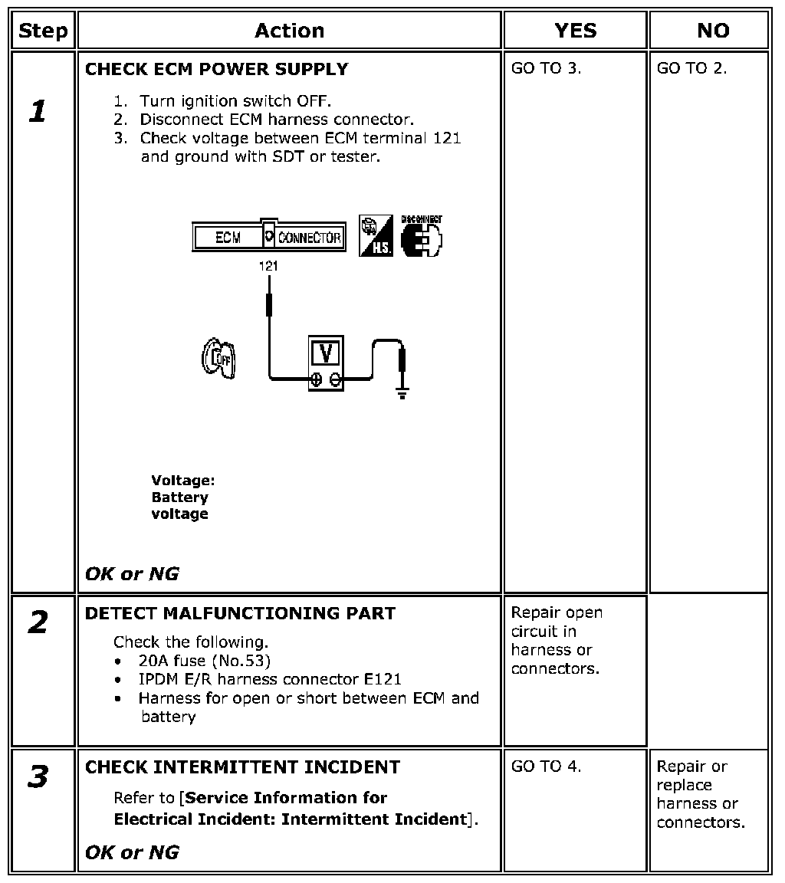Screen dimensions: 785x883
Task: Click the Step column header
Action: [43, 31]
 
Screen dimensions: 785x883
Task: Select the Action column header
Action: [290, 31]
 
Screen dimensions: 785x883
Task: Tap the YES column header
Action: [575, 31]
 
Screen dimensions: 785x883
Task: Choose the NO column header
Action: [713, 31]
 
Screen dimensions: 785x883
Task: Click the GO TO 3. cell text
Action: [546, 68]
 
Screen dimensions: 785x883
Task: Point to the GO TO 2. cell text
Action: [691, 68]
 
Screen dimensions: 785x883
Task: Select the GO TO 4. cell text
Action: [546, 766]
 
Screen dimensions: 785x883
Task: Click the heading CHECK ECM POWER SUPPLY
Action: [216, 69]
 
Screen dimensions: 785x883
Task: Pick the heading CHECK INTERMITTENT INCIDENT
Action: [242, 767]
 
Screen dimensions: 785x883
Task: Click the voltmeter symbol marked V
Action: [326, 363]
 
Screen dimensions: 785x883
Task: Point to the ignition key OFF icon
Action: [218, 358]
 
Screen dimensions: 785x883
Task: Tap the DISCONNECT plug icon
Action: [421, 237]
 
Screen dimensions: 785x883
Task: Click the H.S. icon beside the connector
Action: [376, 235]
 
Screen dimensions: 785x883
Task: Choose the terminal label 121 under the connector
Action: [268, 266]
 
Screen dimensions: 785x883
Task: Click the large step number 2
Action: [38, 622]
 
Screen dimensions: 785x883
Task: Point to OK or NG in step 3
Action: [132, 852]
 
